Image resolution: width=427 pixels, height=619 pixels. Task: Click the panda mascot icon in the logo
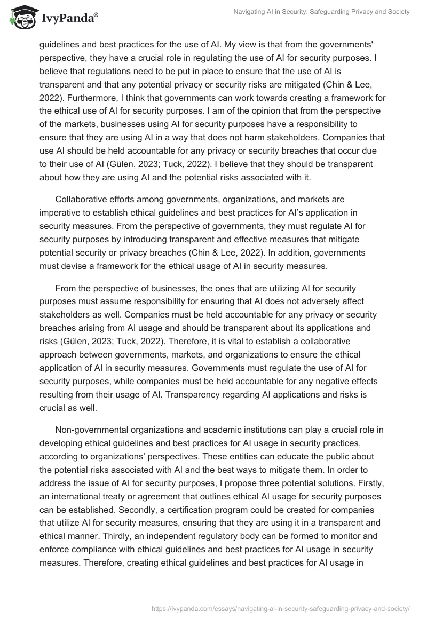click(20, 17)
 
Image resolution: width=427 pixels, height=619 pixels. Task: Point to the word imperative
click(65, 212)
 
